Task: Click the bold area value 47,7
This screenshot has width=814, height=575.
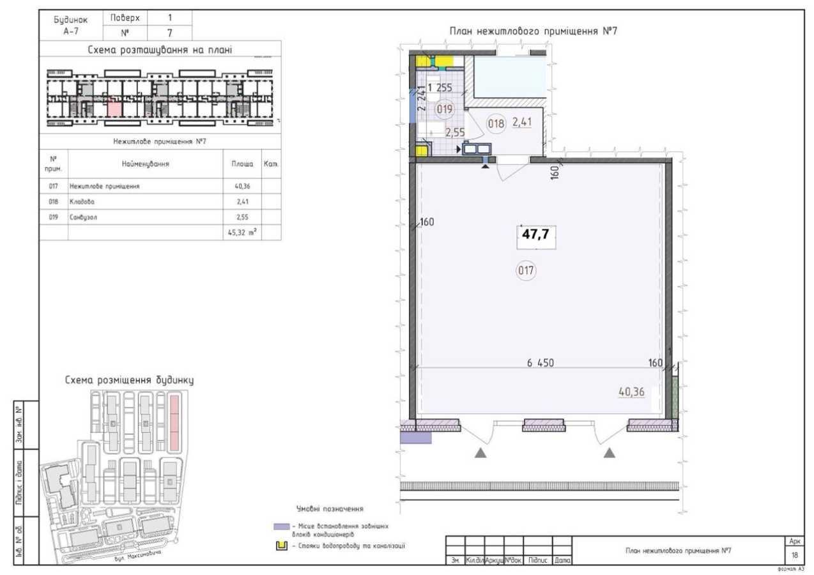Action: click(x=536, y=234)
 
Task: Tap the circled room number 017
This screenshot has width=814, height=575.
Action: click(x=526, y=270)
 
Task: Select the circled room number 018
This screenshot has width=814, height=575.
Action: click(x=496, y=124)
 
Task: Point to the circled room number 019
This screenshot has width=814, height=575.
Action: click(x=445, y=109)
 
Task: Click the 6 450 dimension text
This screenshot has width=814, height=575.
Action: click(x=540, y=363)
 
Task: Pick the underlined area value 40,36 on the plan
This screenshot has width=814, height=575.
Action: click(x=631, y=392)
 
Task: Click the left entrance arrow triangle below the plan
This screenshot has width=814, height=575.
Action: click(x=480, y=453)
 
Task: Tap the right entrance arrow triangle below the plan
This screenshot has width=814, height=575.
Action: click(x=610, y=453)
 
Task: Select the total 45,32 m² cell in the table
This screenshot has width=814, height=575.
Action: click(x=242, y=233)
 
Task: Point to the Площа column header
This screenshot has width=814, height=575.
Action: click(x=242, y=164)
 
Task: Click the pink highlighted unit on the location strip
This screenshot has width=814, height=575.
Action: click(x=114, y=106)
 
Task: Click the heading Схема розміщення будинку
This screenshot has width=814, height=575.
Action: click(x=129, y=380)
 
